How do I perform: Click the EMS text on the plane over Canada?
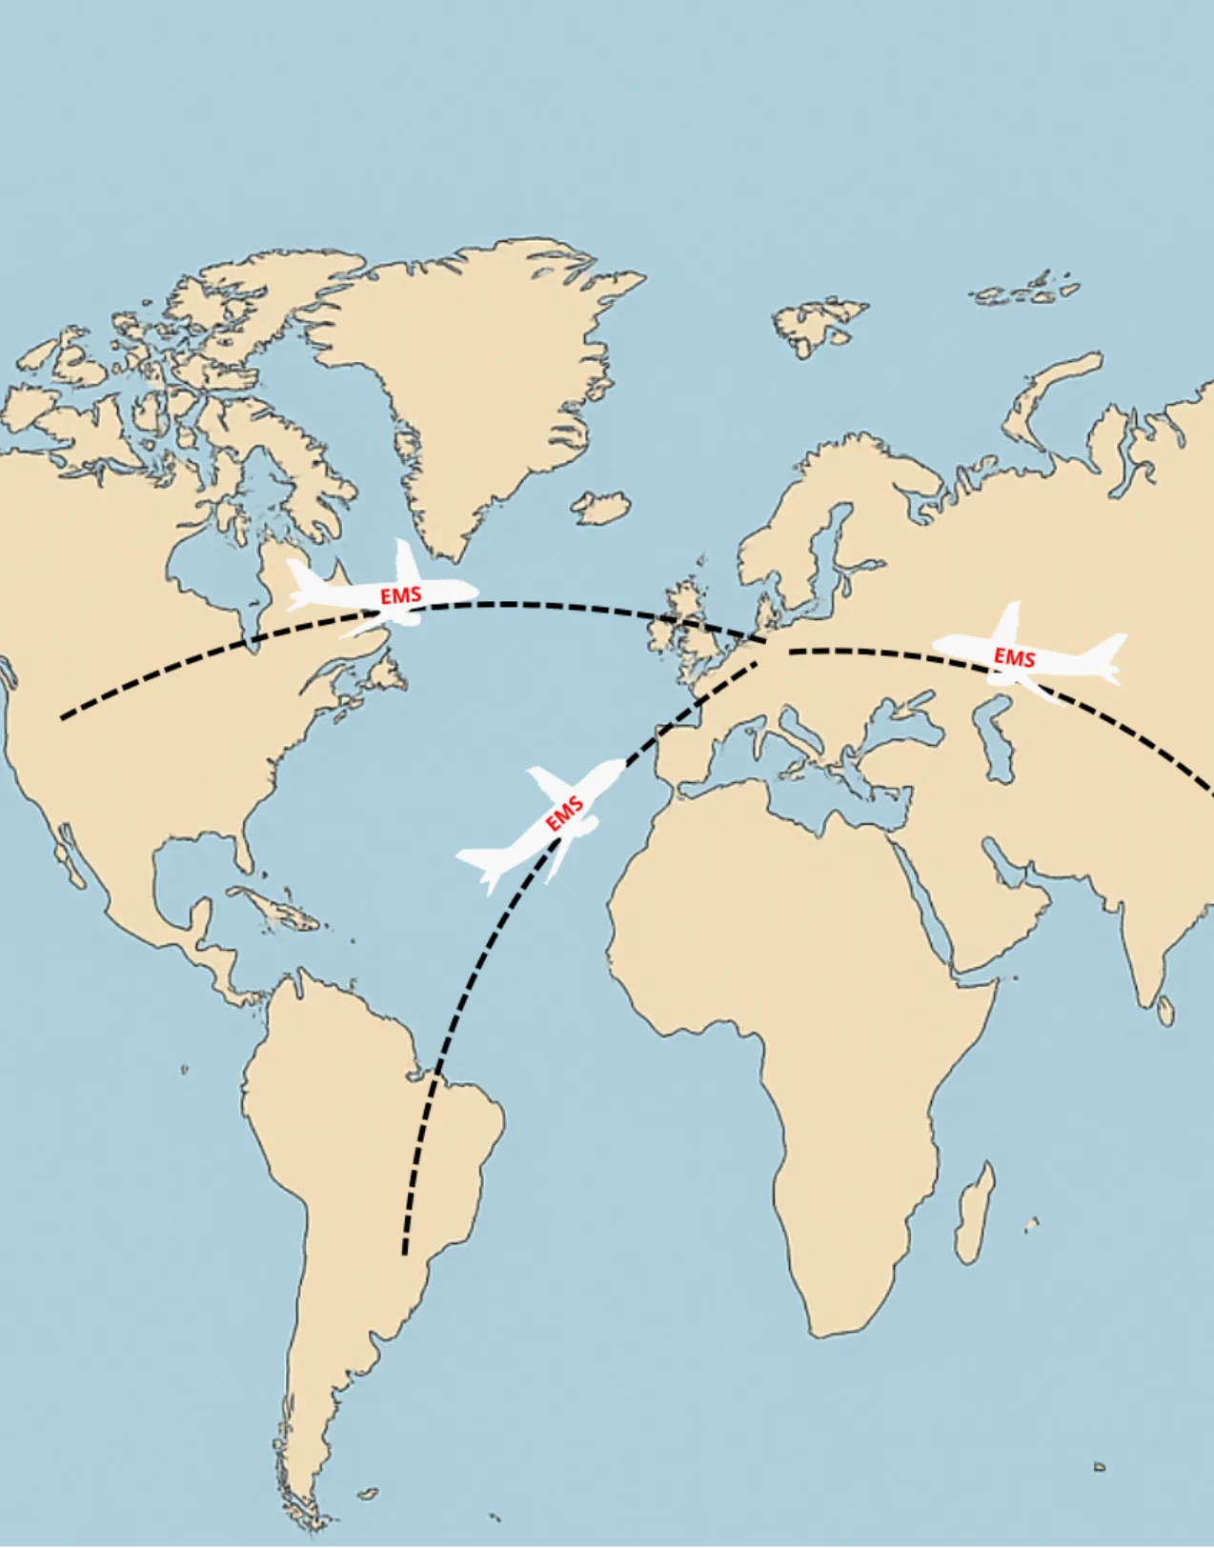click(x=400, y=595)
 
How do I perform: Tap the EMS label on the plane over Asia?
click(x=1014, y=657)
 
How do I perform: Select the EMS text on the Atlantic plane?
click(x=564, y=815)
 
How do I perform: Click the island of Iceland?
click(x=601, y=507)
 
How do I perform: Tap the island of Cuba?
click(x=272, y=906)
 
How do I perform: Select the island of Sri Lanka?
click(x=1164, y=1012)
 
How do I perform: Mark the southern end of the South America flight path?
click(x=405, y=1253)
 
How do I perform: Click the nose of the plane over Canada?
click(x=473, y=592)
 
